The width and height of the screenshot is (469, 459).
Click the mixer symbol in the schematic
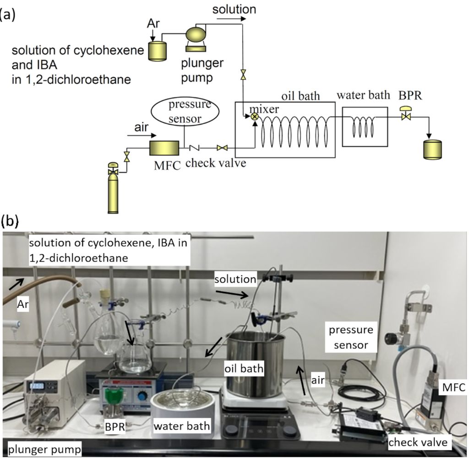(x=255, y=117)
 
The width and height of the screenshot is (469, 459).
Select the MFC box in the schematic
(x=164, y=148)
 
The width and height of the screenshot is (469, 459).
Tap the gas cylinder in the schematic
(x=113, y=192)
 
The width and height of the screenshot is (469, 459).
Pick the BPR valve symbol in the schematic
(x=405, y=115)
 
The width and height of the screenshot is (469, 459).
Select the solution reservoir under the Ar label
(x=158, y=51)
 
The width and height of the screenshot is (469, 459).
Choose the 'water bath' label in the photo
(x=181, y=426)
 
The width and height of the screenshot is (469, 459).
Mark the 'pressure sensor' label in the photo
(x=349, y=337)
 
